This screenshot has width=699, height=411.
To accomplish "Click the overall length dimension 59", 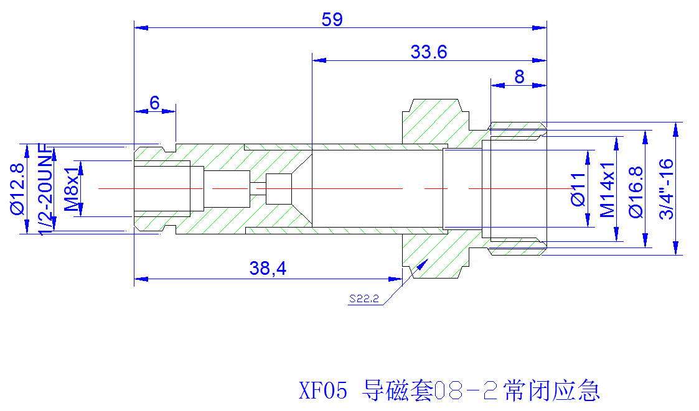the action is coord(332,20).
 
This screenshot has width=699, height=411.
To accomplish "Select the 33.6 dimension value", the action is coord(429,52).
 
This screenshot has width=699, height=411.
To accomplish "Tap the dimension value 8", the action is coord(519,77).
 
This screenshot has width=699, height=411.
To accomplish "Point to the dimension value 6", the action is coord(155,103).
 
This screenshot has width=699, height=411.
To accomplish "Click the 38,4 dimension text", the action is coord(268,268).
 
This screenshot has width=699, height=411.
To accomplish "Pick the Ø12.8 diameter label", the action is coord(17,189).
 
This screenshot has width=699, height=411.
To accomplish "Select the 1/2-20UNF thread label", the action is coord(46,189).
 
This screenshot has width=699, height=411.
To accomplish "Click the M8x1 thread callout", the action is coord(72,189).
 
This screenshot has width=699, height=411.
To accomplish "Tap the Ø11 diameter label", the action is coord(578,189).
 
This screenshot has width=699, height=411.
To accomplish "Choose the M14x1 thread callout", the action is coord(607,190).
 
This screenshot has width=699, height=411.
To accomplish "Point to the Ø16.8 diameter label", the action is coord(636,192).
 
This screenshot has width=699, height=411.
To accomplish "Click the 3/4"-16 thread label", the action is coord(667,189).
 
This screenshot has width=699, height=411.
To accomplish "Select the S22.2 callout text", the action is coord(364,299).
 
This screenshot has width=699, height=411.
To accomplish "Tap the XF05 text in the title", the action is coord(323,390).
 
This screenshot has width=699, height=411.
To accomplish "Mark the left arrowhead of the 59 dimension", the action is coord(141,27).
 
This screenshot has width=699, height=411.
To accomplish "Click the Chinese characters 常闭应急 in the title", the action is coord(552,390).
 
